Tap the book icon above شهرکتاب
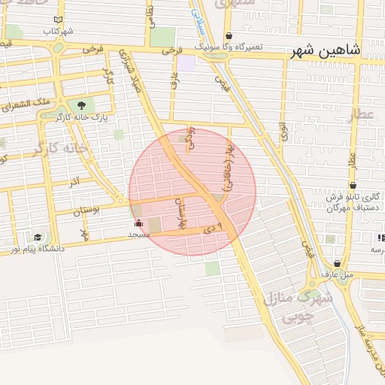pos(56,20)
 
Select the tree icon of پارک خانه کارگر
pos(81,105)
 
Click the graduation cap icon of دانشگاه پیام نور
pos(37,238)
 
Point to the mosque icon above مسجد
pos(138,223)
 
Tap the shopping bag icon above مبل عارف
pos(336,264)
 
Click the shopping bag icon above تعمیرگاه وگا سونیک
pos(229,35)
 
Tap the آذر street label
pos(74,183)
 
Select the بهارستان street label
pos(180,210)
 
